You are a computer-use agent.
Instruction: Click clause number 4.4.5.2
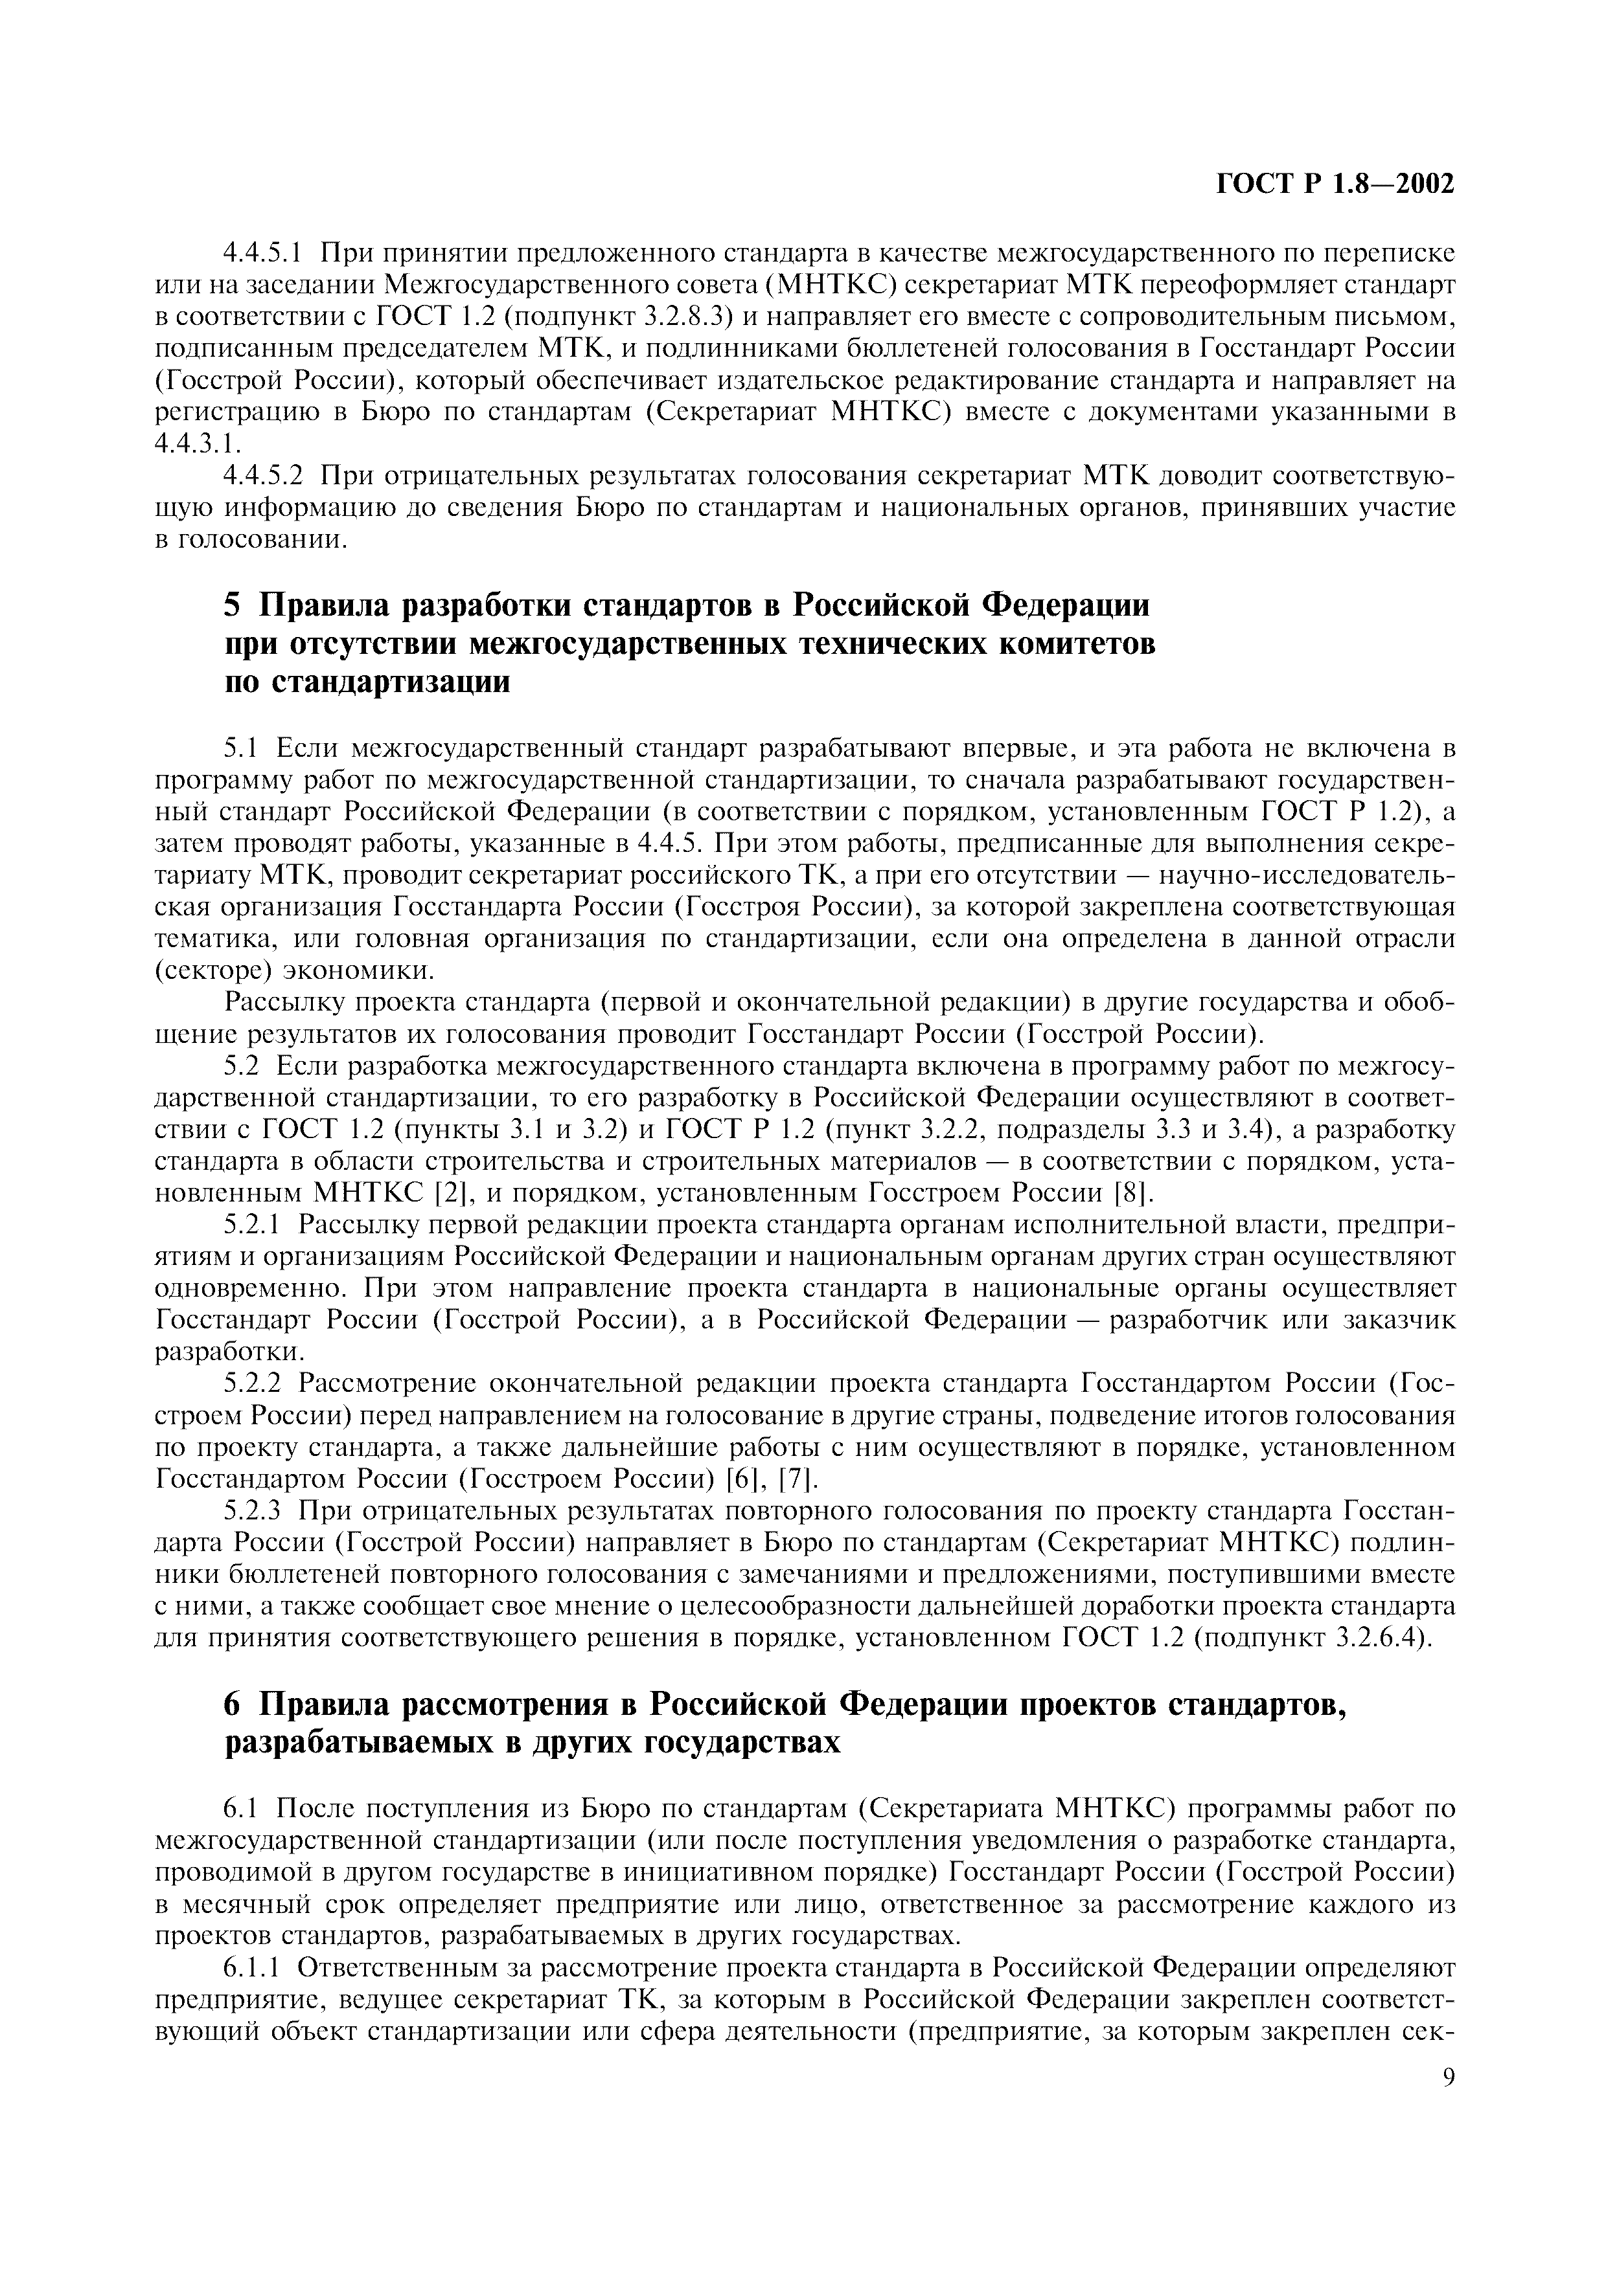(x=263, y=476)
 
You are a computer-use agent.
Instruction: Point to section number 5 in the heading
(x=233, y=605)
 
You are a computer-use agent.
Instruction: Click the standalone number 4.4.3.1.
(x=198, y=444)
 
